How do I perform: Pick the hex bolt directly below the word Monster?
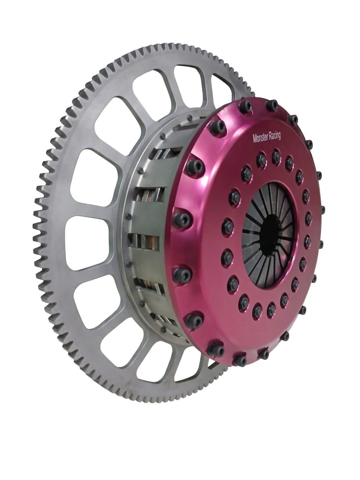pyautogui.click(x=260, y=159)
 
